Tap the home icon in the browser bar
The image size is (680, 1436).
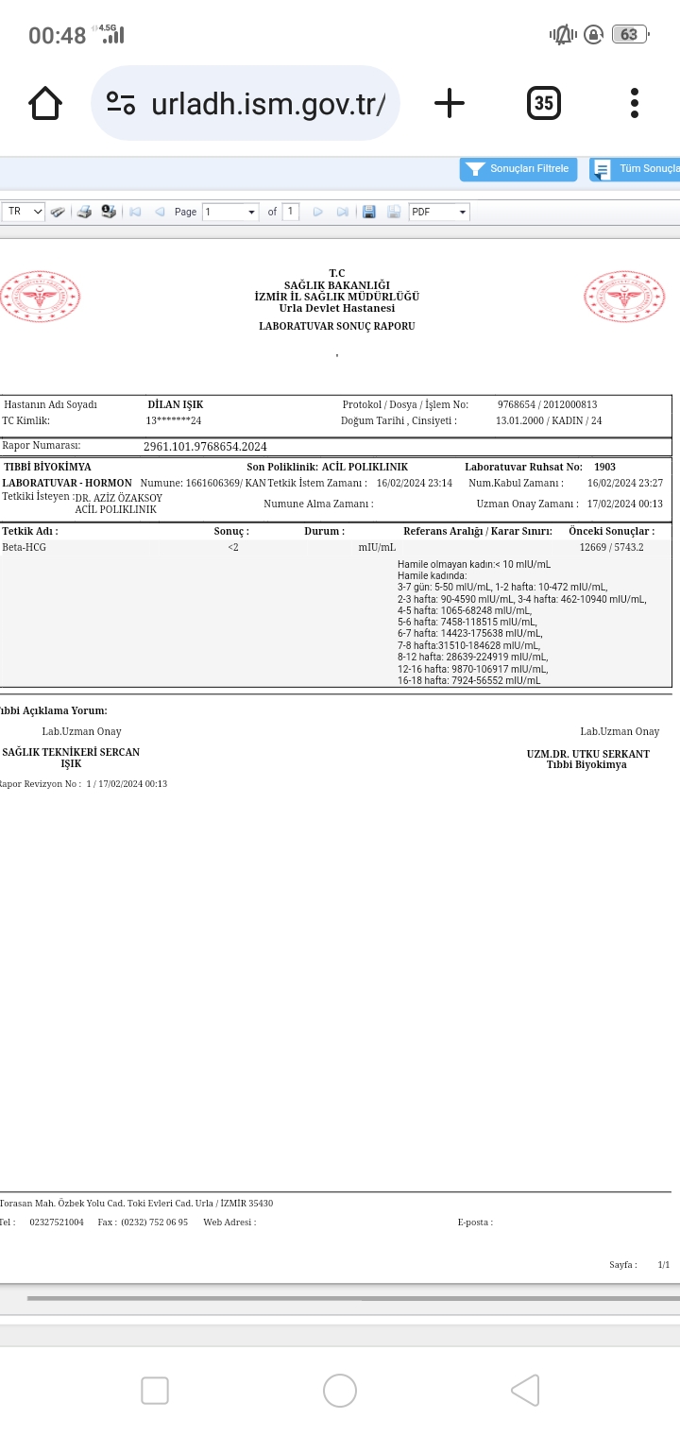[45, 103]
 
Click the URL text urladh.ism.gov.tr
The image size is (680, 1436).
[267, 104]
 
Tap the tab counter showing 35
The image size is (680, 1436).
[544, 103]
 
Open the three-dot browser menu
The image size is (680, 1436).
[635, 103]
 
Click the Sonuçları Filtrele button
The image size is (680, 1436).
[518, 169]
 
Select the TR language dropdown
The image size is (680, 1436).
[25, 212]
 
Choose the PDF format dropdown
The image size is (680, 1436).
[439, 212]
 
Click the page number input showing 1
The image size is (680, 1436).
[229, 212]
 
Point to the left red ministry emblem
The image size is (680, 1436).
[41, 297]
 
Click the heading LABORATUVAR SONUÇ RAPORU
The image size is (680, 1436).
[337, 326]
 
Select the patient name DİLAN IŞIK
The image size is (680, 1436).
[176, 404]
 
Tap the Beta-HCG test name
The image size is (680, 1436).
[24, 547]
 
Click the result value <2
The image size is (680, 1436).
[233, 547]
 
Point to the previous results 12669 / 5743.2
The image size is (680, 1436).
[611, 547]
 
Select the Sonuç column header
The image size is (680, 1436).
[231, 532]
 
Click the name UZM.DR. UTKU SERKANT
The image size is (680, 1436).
[587, 754]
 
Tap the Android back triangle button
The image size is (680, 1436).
[525, 1391]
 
